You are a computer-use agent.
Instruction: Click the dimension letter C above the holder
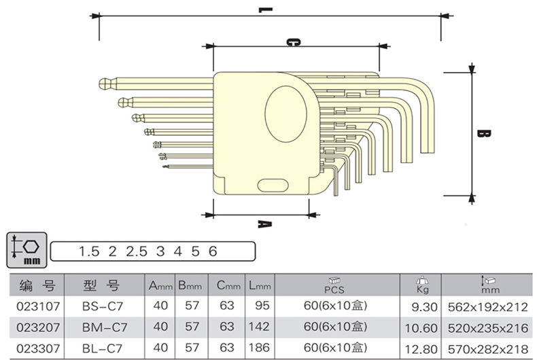click(x=293, y=42)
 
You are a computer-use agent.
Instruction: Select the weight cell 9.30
click(x=422, y=307)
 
